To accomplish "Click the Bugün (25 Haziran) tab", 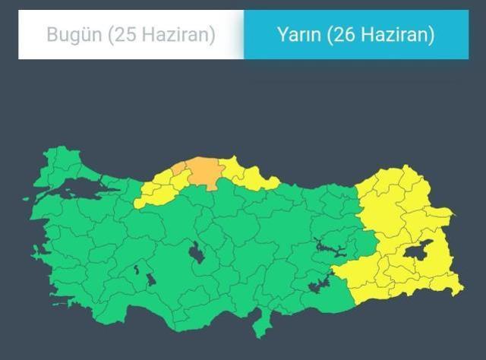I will click(x=131, y=35).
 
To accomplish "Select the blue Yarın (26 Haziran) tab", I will click(x=355, y=35).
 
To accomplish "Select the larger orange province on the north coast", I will click(x=204, y=171).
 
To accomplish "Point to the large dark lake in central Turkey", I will click(x=196, y=252).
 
